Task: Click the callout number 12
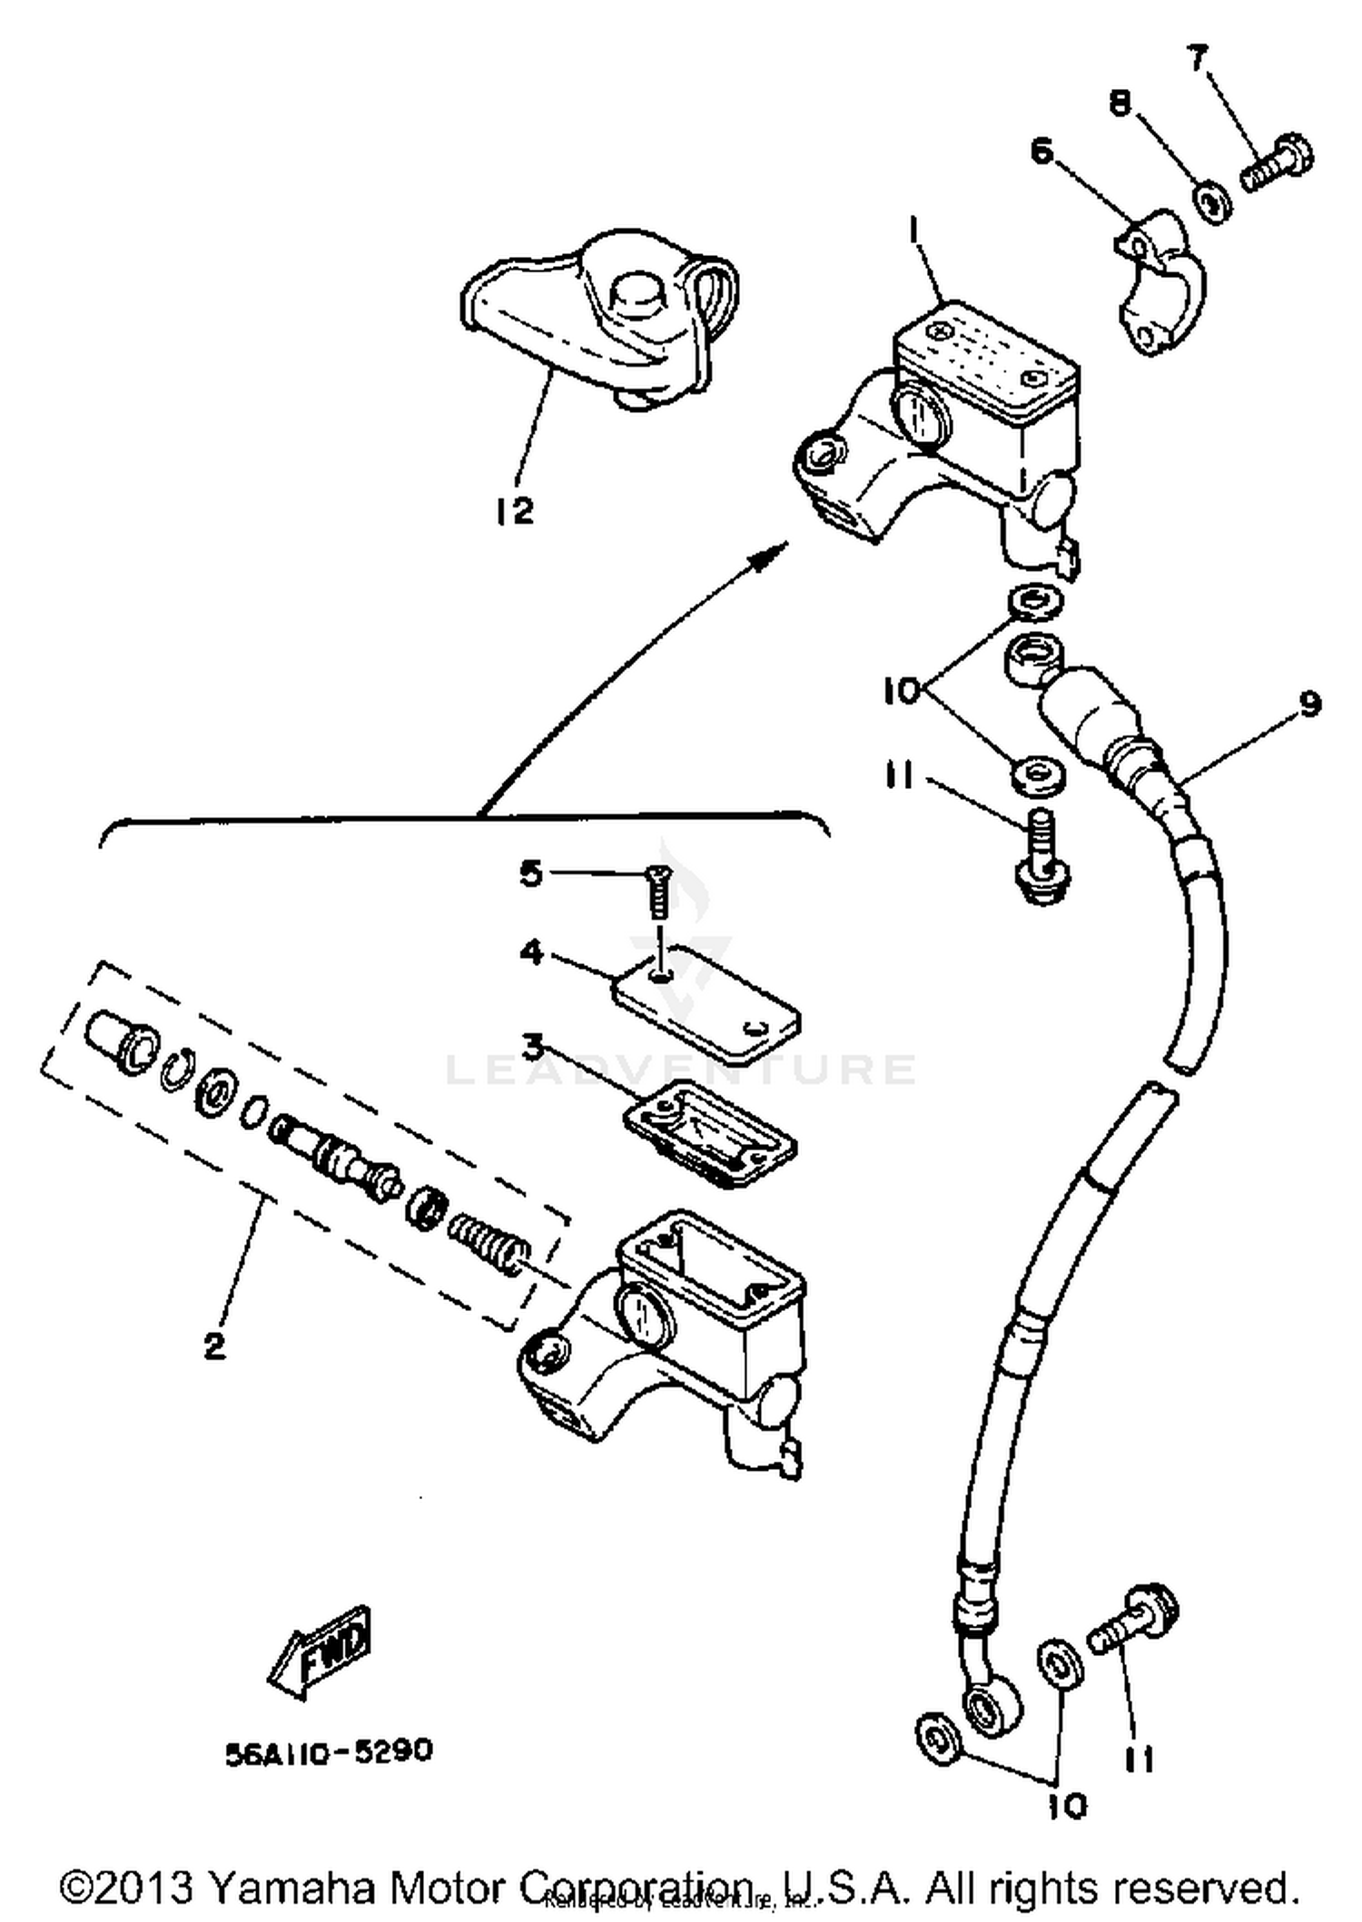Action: pos(515,511)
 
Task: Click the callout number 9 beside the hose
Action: pos(1309,705)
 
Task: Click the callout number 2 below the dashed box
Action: pos(214,1345)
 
